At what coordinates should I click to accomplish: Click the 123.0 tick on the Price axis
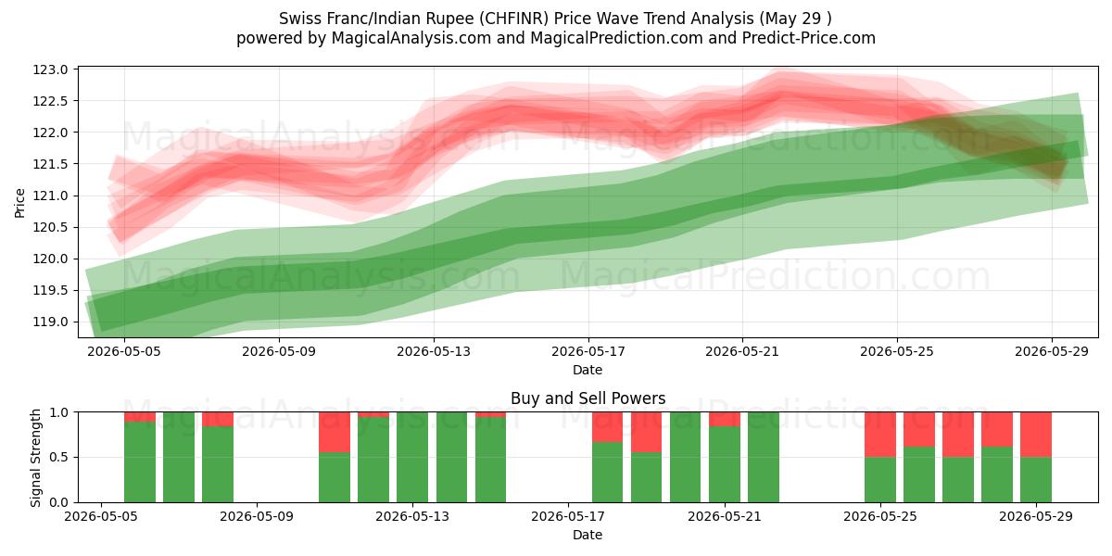click(50, 69)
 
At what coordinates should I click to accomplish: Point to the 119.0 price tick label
click(50, 322)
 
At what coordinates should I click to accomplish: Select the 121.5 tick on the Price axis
click(50, 164)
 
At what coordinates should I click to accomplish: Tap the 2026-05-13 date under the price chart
click(434, 352)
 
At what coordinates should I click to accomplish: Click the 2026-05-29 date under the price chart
click(1052, 352)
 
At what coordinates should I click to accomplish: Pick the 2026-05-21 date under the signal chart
click(725, 517)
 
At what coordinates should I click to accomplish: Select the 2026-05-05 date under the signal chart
click(101, 517)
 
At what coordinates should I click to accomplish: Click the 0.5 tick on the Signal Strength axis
click(59, 457)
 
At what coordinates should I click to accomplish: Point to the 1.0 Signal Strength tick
click(59, 412)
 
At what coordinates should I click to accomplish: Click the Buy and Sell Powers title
click(588, 398)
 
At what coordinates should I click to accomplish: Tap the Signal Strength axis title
click(36, 458)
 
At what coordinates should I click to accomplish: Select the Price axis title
click(19, 203)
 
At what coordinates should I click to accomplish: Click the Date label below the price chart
click(588, 370)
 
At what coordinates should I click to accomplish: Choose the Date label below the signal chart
click(588, 535)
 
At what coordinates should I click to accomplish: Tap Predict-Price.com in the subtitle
click(809, 38)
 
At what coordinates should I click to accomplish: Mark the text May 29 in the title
click(793, 19)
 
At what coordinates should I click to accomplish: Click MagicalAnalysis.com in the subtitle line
click(411, 38)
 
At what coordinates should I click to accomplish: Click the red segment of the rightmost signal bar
click(1036, 435)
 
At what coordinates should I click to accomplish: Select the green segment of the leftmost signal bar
click(140, 461)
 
